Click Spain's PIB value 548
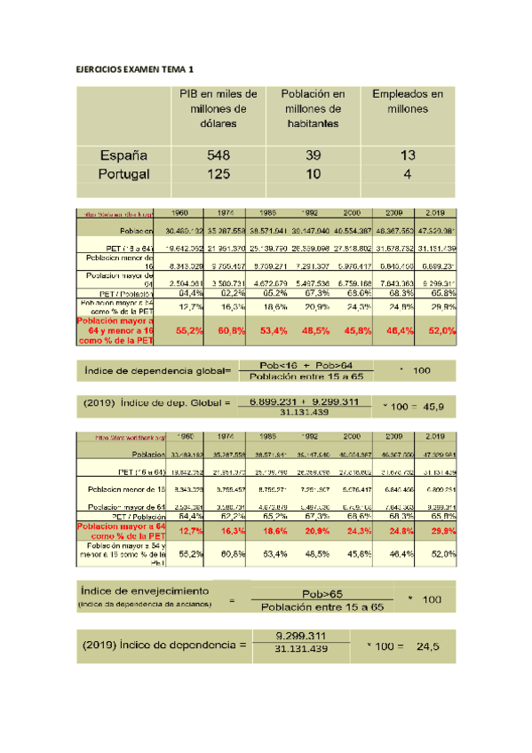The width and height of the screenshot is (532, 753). pos(218,155)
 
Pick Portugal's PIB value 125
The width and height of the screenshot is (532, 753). pos(218,173)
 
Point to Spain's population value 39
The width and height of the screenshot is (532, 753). pos(313,155)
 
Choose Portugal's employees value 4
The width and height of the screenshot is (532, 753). pos(408,173)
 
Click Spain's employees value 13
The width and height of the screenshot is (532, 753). pos(408,155)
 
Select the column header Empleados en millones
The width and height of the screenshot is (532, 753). pos(408,101)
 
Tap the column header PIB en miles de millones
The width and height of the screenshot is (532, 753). pos(218,108)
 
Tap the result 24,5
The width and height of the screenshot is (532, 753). pos(429,646)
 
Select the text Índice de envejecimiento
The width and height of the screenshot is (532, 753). pos(145,591)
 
